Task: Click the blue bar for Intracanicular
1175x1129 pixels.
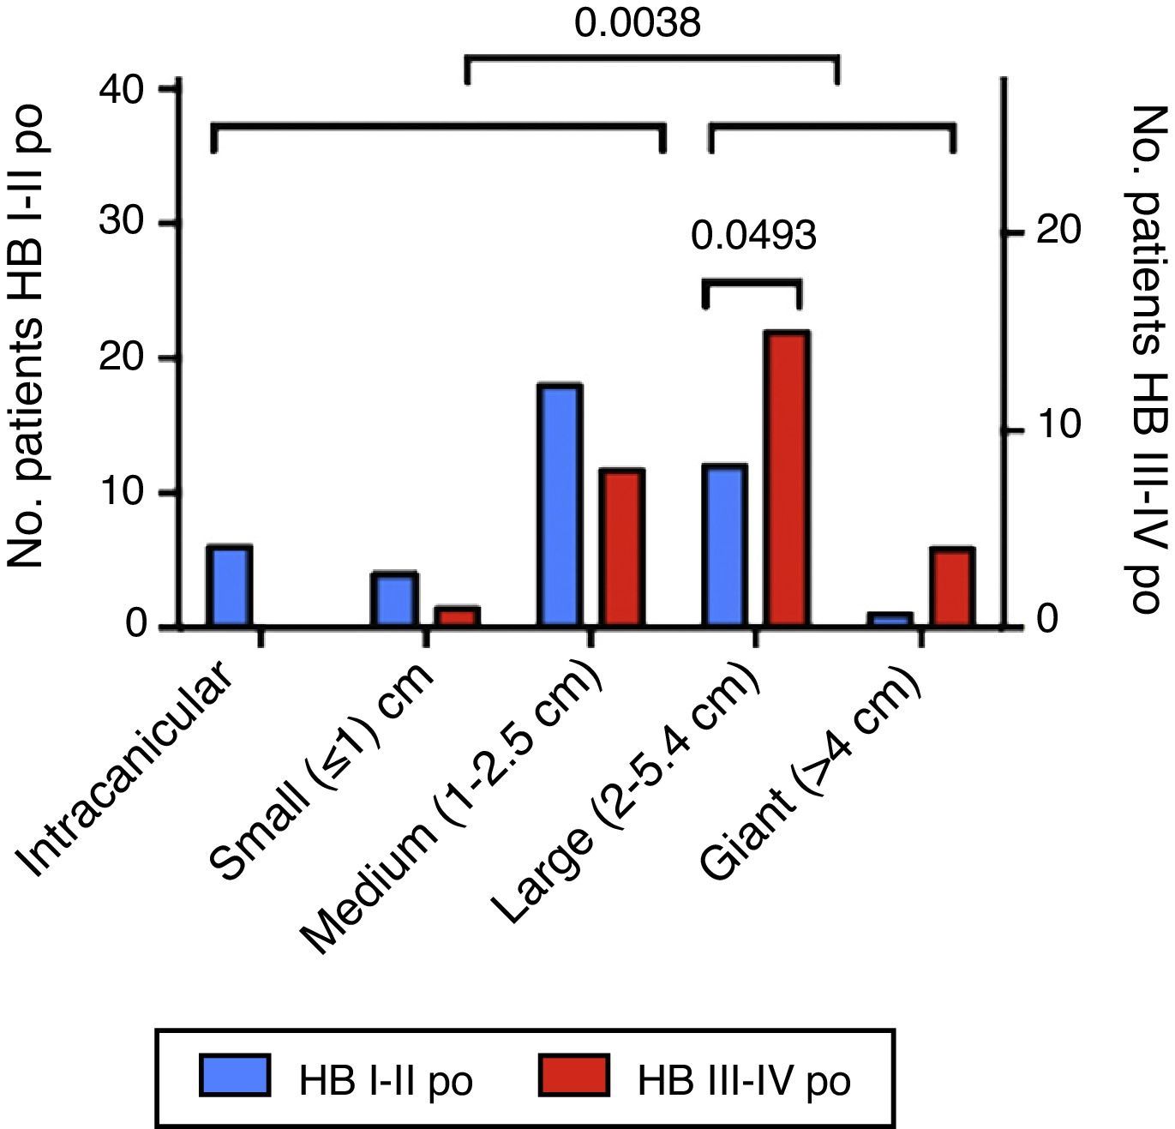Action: [229, 586]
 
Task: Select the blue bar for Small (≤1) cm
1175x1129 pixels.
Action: [393, 599]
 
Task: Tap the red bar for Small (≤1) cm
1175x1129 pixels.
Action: [457, 616]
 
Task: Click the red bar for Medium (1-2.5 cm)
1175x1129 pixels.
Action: [621, 548]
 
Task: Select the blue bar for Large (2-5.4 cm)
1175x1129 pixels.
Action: [724, 545]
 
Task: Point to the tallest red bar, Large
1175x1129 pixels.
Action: [788, 478]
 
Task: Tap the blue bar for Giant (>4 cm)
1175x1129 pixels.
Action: [890, 620]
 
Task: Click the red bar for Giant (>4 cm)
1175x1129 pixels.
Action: [951, 587]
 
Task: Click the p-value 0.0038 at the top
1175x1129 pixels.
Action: [638, 23]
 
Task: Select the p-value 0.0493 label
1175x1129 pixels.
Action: [753, 235]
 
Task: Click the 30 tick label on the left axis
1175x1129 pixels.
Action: [124, 224]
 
